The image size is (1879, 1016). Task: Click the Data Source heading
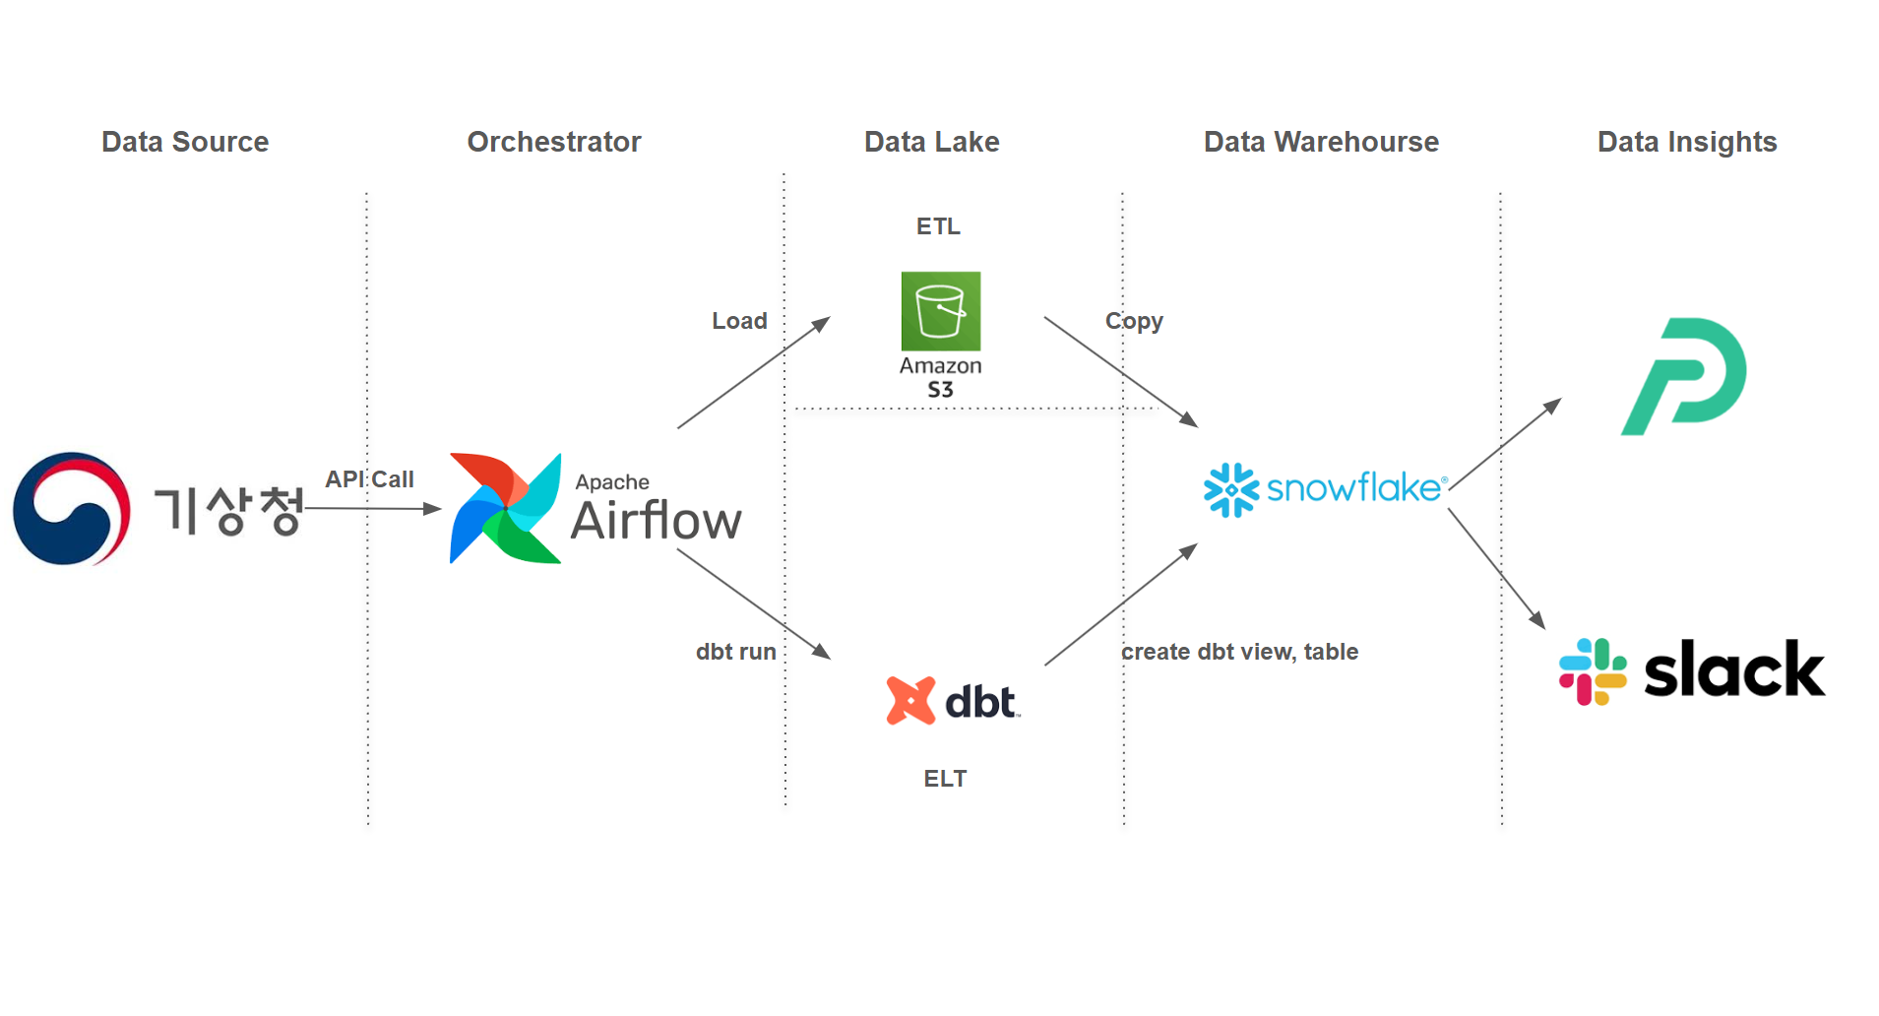click(185, 142)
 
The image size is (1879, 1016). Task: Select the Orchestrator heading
click(554, 142)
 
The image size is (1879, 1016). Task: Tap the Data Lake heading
click(931, 142)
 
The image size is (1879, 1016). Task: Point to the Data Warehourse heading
click(1321, 142)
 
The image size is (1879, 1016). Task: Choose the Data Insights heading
click(1687, 142)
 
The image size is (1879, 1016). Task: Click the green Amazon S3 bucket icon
click(941, 311)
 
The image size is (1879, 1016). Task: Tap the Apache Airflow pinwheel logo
click(505, 508)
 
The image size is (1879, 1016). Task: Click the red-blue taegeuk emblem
click(71, 509)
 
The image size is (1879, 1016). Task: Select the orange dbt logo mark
click(910, 701)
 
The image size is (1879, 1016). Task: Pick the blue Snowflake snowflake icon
click(1230, 489)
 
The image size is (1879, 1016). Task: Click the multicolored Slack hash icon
click(1593, 671)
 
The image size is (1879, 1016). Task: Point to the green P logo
click(1684, 377)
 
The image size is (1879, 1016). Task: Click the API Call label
click(369, 479)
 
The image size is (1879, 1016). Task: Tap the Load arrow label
click(739, 321)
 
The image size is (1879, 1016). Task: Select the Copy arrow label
click(1134, 321)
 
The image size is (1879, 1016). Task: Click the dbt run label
click(735, 652)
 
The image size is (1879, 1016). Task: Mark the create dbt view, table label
click(1239, 652)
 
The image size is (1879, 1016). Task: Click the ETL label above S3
click(938, 226)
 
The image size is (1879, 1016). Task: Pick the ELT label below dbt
click(945, 779)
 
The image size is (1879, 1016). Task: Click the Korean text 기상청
click(228, 511)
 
